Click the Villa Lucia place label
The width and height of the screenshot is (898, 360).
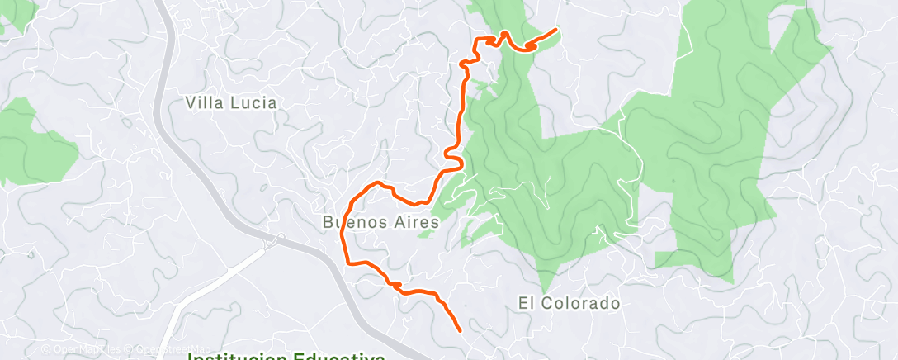tap(231, 103)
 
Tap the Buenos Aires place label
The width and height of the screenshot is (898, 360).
tap(380, 222)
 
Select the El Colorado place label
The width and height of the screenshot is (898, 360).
tap(569, 303)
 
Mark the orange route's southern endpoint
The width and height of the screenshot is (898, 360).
tap(459, 330)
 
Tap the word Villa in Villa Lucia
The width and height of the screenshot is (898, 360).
tap(206, 103)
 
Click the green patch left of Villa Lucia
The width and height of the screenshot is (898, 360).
tap(33, 144)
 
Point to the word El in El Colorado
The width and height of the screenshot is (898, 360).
tap(526, 303)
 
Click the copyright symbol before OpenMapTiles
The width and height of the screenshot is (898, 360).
tap(47, 350)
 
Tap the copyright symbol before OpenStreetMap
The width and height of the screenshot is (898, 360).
tap(132, 350)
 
